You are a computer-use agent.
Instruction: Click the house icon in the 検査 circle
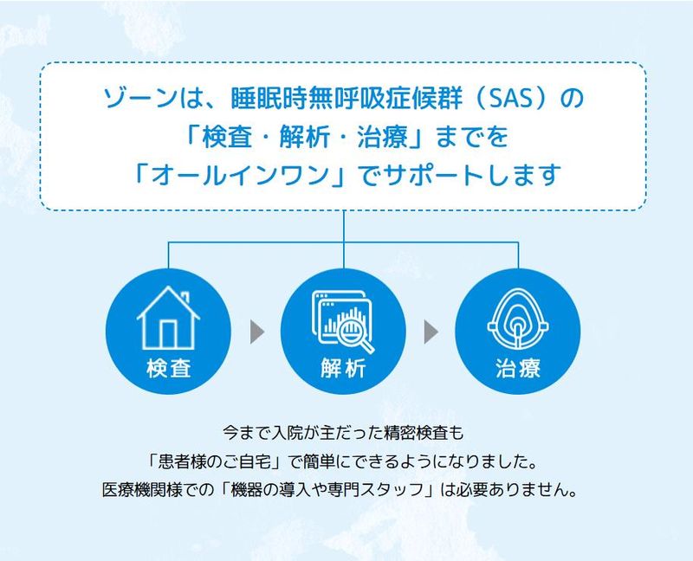(x=168, y=318)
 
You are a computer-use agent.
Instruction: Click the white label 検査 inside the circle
(x=168, y=369)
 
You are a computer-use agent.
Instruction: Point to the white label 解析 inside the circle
(x=343, y=369)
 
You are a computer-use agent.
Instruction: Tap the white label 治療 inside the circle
(x=518, y=369)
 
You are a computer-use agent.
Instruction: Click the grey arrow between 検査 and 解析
(x=257, y=332)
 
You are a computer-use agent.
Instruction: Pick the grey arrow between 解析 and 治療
(x=431, y=332)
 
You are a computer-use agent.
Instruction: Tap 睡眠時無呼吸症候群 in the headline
(x=346, y=99)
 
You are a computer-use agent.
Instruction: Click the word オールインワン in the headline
(x=246, y=174)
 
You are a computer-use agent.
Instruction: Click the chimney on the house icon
(x=185, y=296)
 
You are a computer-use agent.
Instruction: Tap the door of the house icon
(x=168, y=333)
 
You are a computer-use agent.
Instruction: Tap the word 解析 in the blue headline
(x=305, y=137)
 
